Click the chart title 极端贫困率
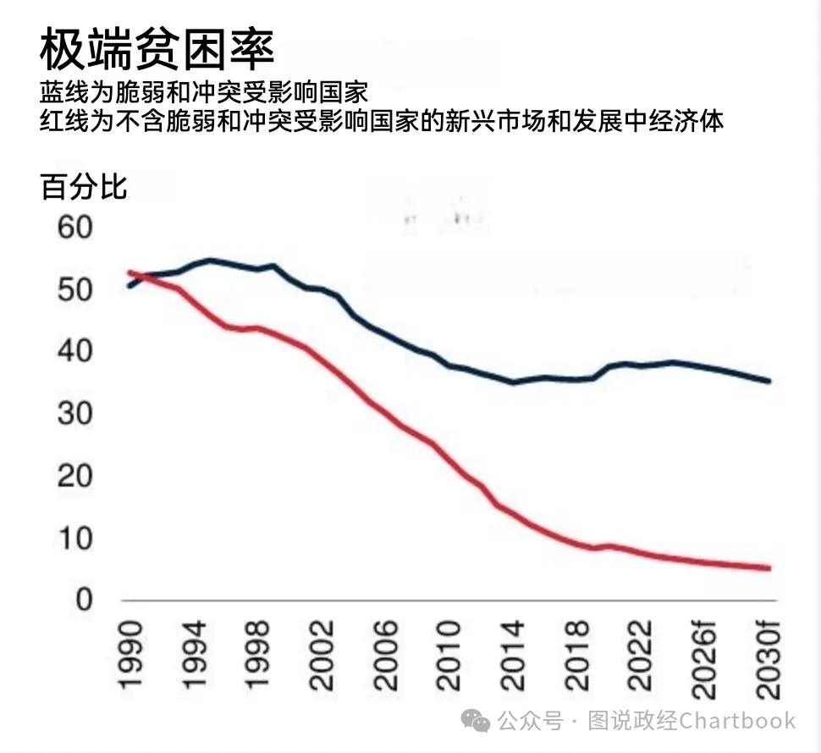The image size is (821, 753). pos(157,50)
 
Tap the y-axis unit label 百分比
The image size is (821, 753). pos(83,186)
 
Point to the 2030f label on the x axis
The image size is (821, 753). pos(767,659)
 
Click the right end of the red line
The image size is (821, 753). pos(768,568)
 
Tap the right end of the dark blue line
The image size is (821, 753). pos(768,382)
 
